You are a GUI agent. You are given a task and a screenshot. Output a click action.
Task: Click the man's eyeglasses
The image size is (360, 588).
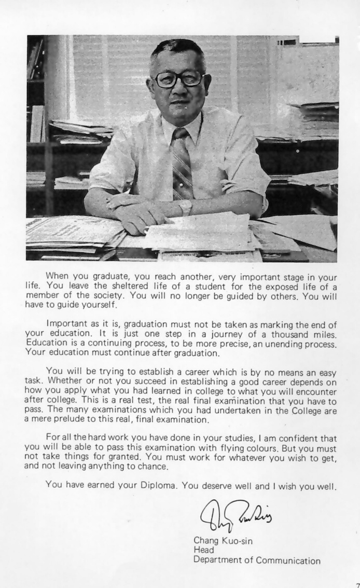click(x=178, y=79)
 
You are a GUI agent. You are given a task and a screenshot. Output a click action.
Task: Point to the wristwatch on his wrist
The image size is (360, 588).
click(x=186, y=208)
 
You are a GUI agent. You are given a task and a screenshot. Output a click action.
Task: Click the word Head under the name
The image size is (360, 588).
click(x=203, y=550)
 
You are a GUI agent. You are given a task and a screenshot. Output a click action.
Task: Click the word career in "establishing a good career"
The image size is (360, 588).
click(x=266, y=382)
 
